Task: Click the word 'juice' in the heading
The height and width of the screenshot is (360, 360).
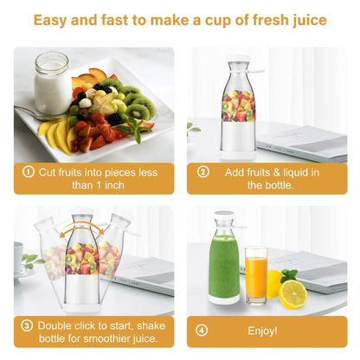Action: pos(301,19)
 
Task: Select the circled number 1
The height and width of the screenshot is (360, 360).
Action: pos(28,171)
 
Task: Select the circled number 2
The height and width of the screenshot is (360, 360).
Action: pos(203,171)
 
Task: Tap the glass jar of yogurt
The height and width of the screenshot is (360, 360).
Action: pos(51,84)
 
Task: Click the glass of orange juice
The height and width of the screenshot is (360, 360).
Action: pos(255,274)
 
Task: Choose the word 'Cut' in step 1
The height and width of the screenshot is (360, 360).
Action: pos(48,171)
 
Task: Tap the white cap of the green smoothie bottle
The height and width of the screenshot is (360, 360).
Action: pos(225,217)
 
